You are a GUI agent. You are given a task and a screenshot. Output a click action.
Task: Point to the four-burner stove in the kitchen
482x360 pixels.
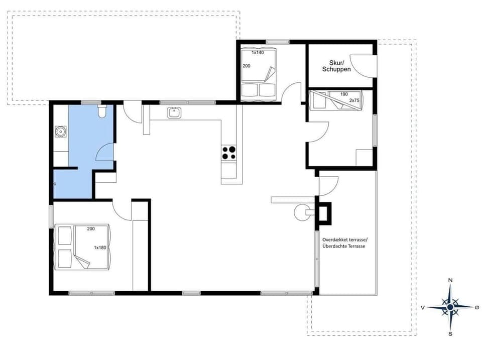coord(229,153)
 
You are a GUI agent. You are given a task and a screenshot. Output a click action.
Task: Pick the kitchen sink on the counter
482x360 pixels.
coord(174,112)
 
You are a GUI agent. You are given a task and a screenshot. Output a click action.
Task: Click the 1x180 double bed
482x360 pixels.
coord(83,247)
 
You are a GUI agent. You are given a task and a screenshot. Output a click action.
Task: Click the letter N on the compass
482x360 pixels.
coord(450,280)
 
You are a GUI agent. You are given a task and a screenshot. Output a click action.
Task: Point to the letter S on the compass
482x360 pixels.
coord(450,333)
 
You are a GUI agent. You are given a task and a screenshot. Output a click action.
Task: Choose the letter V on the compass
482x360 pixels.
coord(423,307)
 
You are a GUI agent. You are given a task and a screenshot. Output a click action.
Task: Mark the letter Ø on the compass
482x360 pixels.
coord(476,307)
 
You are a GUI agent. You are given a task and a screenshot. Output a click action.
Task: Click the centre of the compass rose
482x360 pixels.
coord(450,307)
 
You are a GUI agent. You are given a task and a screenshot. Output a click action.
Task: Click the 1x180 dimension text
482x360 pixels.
coord(100,248)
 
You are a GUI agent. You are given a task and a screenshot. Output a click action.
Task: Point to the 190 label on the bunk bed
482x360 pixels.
coord(344,94)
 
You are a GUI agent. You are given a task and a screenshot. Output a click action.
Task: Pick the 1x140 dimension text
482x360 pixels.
coord(258,52)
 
